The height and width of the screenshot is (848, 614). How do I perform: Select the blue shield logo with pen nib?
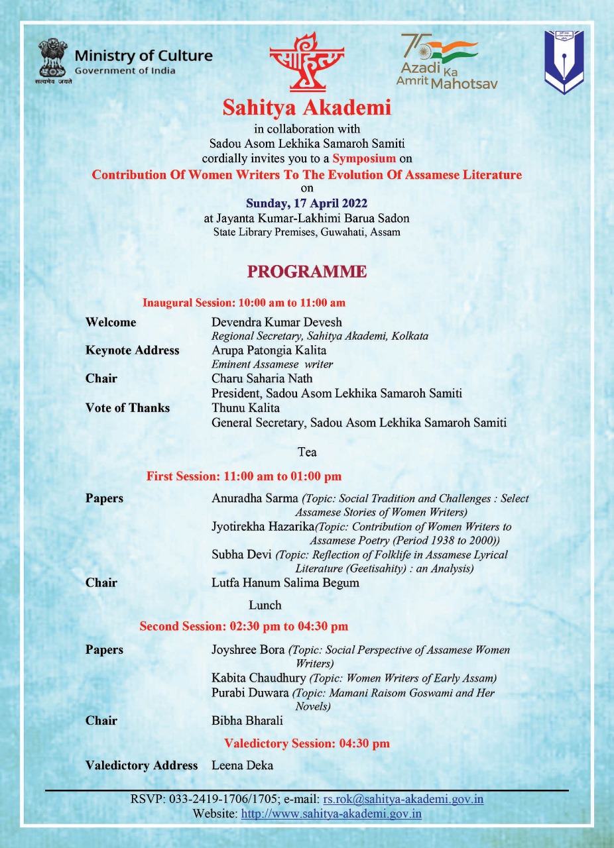tap(564, 62)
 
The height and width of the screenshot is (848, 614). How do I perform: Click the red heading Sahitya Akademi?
tap(306, 108)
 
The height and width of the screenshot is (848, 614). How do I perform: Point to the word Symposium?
tap(364, 158)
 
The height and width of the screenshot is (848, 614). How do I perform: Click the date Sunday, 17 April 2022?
tap(306, 203)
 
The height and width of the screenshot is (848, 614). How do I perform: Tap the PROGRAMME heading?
tap(306, 272)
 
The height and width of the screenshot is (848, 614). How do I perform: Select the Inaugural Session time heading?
tap(244, 303)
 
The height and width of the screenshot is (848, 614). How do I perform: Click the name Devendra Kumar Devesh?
tap(276, 323)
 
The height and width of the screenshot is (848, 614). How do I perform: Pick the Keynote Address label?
tap(133, 350)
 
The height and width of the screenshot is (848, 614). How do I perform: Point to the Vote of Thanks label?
tap(128, 408)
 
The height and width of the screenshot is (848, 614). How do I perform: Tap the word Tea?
tap(307, 452)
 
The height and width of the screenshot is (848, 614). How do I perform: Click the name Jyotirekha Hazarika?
tap(263, 527)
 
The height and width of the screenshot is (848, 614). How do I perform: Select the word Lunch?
tap(265, 605)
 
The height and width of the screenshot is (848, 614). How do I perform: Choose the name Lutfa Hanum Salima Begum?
tap(285, 583)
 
